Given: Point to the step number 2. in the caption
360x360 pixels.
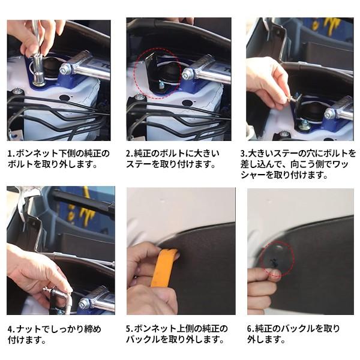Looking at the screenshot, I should pyautogui.click(x=129, y=153).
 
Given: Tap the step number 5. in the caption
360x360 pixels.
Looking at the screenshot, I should pyautogui.click(x=129, y=329).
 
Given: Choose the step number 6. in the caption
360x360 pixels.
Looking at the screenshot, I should pyautogui.click(x=251, y=329).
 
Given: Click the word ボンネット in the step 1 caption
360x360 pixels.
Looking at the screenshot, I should pyautogui.click(x=34, y=153).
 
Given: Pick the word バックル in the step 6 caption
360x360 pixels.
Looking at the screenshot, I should pyautogui.click(x=293, y=329).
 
